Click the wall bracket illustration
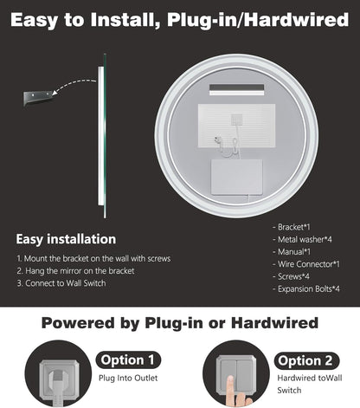click(x=38, y=97)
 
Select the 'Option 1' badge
click(x=128, y=359)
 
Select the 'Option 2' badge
click(x=306, y=360)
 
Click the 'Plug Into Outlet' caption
click(x=128, y=378)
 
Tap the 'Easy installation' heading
click(x=66, y=239)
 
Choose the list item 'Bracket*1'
click(x=292, y=227)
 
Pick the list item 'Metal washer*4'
click(x=302, y=239)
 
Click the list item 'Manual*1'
click(x=292, y=252)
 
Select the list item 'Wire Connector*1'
click(x=306, y=264)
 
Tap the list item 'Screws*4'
click(x=291, y=276)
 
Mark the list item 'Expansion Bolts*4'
click(x=306, y=289)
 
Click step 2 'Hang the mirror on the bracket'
click(x=75, y=271)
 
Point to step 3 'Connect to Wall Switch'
click(x=61, y=283)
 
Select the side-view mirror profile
click(x=102, y=136)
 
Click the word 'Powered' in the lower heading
click(x=78, y=323)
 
